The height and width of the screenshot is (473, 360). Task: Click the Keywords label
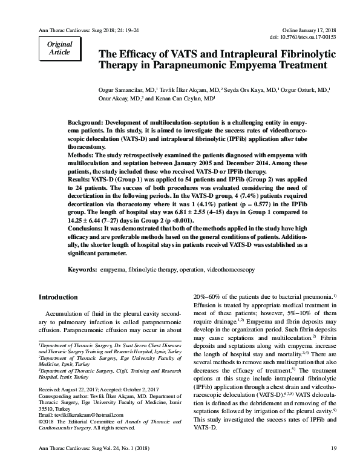click(x=82, y=267)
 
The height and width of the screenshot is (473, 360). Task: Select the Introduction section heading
click(x=58, y=298)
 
